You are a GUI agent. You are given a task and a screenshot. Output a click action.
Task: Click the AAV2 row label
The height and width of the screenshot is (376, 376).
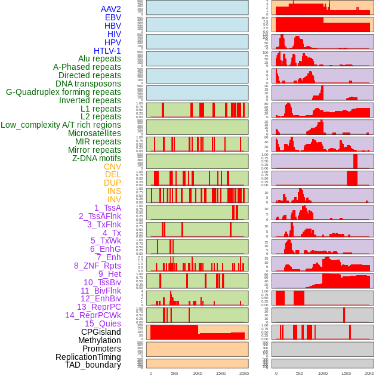click(111, 9)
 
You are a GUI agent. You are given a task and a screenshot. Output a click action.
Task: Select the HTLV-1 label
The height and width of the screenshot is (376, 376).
click(107, 51)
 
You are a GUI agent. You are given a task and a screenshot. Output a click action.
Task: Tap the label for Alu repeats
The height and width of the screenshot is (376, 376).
click(100, 58)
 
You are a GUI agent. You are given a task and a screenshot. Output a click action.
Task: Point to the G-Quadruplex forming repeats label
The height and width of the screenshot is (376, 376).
click(63, 92)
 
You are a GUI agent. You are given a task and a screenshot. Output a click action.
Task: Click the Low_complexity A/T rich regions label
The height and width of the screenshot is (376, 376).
click(61, 125)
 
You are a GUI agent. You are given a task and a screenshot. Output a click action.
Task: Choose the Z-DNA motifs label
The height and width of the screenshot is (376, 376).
click(97, 158)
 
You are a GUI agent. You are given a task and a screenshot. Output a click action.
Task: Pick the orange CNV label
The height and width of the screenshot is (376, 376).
click(112, 167)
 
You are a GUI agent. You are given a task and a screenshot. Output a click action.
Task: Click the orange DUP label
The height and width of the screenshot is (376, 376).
click(112, 183)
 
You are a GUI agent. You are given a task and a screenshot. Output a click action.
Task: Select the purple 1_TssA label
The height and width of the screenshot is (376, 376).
click(107, 208)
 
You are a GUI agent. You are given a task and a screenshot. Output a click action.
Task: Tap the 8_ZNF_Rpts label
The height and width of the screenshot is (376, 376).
click(97, 266)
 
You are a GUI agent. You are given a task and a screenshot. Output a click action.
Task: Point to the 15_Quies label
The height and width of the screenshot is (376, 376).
click(103, 323)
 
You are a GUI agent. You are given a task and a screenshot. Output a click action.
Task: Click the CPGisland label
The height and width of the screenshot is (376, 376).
click(101, 332)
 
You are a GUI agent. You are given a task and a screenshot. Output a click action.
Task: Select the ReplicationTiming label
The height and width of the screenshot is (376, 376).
click(88, 357)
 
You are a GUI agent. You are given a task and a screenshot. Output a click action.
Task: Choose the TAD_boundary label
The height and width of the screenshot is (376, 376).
click(93, 365)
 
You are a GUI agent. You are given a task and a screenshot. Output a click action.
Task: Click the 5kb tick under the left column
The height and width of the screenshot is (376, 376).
click(174, 373)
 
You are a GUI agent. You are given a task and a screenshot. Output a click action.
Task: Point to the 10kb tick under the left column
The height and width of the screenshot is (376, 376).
click(197, 373)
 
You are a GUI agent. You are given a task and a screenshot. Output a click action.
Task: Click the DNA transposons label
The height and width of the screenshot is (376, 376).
click(88, 84)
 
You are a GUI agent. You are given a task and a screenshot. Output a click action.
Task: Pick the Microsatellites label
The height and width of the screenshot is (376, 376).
click(94, 133)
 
